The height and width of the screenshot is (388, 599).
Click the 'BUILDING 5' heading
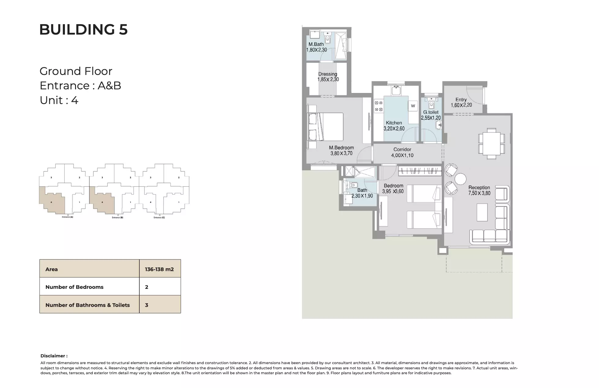(83, 30)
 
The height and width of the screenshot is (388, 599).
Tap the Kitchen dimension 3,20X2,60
(394, 129)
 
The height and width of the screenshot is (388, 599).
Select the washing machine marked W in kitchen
(413, 106)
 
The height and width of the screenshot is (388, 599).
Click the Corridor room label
(402, 149)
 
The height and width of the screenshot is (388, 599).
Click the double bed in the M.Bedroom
(329, 127)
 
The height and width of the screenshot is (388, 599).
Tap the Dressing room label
(327, 74)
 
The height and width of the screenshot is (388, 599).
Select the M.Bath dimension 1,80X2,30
(316, 50)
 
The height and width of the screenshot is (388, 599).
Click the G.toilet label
(431, 112)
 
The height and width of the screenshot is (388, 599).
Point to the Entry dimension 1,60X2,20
(461, 105)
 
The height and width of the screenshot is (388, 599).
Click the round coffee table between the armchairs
(460, 179)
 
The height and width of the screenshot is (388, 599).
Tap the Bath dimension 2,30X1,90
(362, 196)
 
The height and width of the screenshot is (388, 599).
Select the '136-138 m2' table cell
(159, 269)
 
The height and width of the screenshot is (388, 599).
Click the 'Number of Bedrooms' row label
(74, 287)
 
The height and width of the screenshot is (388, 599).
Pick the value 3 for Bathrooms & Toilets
(147, 305)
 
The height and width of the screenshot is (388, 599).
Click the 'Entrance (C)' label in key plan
(159, 218)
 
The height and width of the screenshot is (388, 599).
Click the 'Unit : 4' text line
(59, 100)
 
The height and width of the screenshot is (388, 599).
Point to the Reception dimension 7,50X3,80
(479, 193)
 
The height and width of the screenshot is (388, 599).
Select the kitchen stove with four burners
(379, 106)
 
